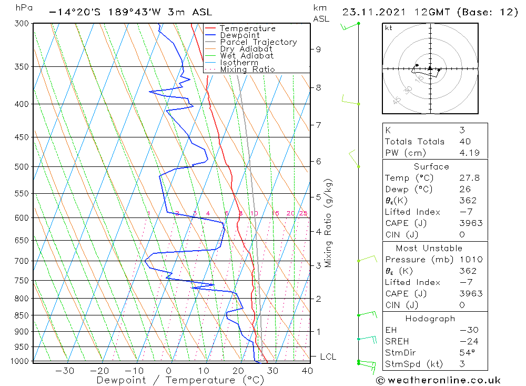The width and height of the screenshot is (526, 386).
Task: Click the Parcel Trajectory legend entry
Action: pos(258,42)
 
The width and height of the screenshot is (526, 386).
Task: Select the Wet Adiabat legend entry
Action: pos(247,56)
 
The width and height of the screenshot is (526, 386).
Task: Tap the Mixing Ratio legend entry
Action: pos(247,70)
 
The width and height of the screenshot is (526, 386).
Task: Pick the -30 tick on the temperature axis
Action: pos(64,371)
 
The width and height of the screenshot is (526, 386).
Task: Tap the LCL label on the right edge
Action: pos(328,357)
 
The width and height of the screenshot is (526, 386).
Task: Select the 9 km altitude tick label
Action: pos(318,50)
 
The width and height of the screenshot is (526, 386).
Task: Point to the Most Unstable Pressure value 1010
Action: pos(469,259)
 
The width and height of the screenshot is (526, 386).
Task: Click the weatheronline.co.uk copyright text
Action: pos(439,380)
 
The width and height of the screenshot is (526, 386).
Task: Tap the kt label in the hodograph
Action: pos(389,28)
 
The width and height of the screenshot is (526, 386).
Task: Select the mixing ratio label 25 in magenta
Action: pos(303,213)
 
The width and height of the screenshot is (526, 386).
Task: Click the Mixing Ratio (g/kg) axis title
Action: pos(329,223)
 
